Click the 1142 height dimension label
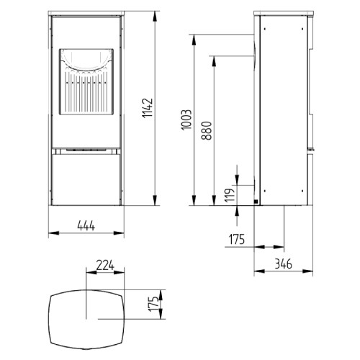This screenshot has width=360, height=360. point(148,109)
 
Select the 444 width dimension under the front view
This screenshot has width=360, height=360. point(85,227)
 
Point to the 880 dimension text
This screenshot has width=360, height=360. point(207,130)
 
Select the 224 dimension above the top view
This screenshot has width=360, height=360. point(106,264)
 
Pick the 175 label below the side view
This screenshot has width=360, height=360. point(237,239)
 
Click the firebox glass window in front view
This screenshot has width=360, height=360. point(85,94)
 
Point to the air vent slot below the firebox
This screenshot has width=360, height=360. point(85,151)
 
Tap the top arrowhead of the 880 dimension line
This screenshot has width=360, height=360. point(215,58)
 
